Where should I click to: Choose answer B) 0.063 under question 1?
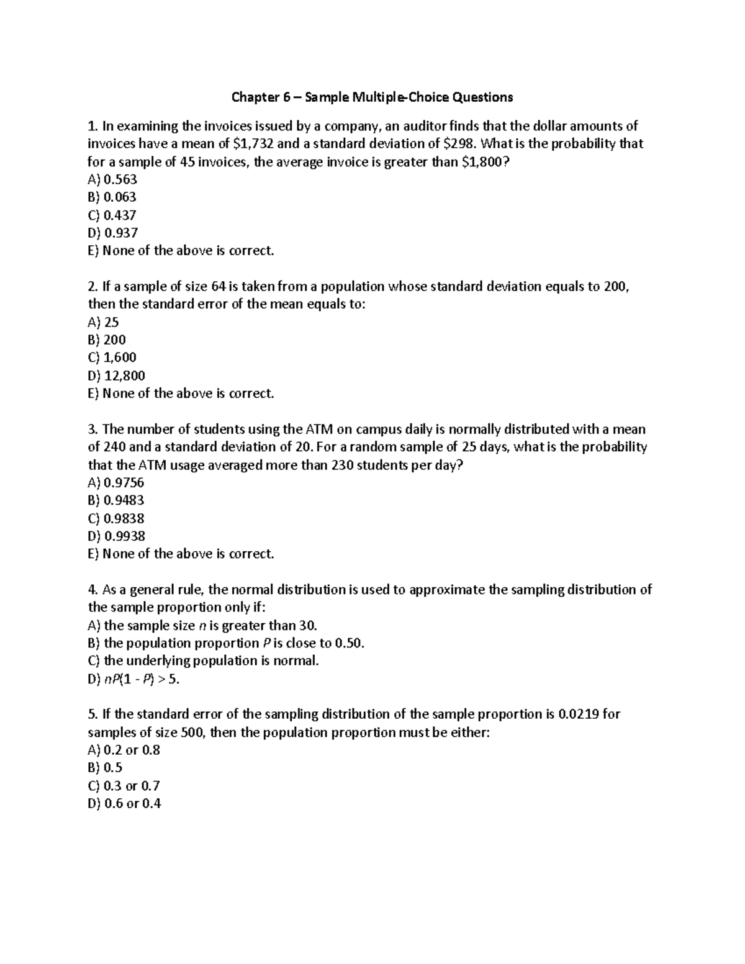coord(112,197)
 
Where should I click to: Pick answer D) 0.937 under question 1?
coord(113,233)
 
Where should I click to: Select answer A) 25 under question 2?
coord(103,322)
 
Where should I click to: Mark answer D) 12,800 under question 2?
coord(117,376)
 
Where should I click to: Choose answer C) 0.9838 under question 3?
coord(116,518)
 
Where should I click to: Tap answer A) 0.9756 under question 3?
coord(116,483)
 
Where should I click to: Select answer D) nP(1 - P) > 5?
coord(134,679)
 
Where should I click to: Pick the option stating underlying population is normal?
coord(204,661)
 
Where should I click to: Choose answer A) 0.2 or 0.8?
coord(124,750)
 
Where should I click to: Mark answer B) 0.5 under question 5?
coord(106,768)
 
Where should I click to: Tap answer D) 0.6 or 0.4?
coord(125,804)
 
